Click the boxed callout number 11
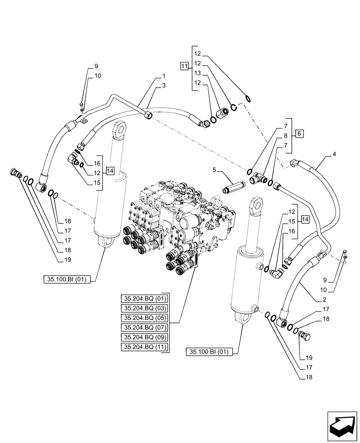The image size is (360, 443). [184, 66]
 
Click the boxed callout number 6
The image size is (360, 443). [300, 133]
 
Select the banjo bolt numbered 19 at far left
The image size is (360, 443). [16, 173]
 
